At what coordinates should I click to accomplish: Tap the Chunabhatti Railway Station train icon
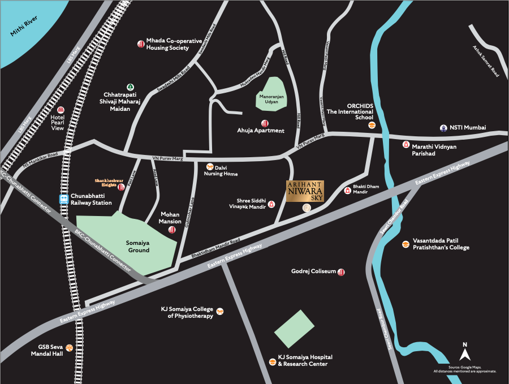point(64,199)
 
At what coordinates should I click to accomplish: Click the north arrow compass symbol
point(465,354)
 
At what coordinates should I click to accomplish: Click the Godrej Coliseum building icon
point(341,272)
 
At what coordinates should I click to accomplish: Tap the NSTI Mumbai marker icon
point(443,128)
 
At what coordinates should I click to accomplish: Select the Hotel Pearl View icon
point(61,110)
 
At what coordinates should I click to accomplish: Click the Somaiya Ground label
point(137,246)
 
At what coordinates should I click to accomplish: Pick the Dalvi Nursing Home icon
point(210,167)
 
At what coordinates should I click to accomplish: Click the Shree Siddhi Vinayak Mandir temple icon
point(271,204)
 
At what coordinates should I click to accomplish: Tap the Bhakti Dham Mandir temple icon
point(347,190)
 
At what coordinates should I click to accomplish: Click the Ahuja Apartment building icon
point(264,123)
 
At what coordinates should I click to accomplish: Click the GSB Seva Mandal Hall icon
point(70,348)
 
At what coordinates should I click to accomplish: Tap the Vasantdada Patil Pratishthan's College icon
point(406,244)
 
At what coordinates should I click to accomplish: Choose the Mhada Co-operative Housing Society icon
point(140,44)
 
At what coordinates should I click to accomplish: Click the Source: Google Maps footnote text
point(465,369)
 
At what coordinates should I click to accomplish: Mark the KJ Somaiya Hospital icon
point(271,360)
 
